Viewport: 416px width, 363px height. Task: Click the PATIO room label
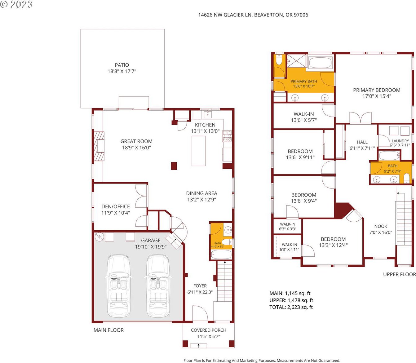[122, 65]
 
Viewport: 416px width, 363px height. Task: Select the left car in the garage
[119, 286]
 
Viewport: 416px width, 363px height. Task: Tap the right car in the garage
[158, 286]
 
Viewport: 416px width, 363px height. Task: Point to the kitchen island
[199, 151]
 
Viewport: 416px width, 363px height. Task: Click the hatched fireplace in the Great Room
[99, 146]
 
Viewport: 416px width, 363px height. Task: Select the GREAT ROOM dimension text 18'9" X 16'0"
[136, 148]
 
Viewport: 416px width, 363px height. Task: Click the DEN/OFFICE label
[116, 206]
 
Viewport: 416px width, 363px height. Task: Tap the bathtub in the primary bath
[320, 63]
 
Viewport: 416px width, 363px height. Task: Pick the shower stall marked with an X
[296, 60]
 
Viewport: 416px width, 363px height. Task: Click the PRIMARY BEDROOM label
[377, 90]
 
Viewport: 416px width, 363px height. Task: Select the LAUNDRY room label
[400, 141]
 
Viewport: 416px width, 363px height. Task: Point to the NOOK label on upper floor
[381, 226]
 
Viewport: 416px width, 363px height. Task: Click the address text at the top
[253, 15]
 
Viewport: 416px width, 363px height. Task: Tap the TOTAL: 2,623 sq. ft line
[291, 307]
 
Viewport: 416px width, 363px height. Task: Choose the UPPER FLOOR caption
[400, 274]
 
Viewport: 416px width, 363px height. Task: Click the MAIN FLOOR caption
[108, 330]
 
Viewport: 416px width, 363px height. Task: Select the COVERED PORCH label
[209, 330]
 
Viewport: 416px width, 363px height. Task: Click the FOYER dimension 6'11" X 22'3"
[200, 292]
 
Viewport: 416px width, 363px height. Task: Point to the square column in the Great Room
[174, 166]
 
